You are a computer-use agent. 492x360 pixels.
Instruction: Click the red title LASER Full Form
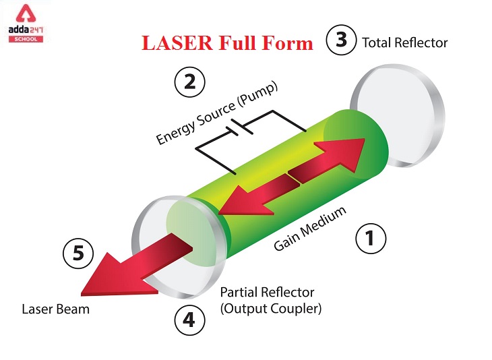click(x=227, y=43)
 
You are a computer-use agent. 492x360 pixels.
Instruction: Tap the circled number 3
click(x=342, y=40)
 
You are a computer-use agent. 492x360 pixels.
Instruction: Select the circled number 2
click(x=189, y=82)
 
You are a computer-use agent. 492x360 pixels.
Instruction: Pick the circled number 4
click(x=189, y=320)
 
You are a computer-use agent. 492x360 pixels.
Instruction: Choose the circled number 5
click(x=78, y=253)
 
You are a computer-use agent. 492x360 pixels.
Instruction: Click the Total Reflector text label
click(x=404, y=42)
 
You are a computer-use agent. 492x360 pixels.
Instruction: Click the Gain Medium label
click(x=310, y=229)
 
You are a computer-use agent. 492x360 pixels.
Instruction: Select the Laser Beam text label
click(x=55, y=309)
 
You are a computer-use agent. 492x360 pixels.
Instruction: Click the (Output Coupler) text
click(x=271, y=309)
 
